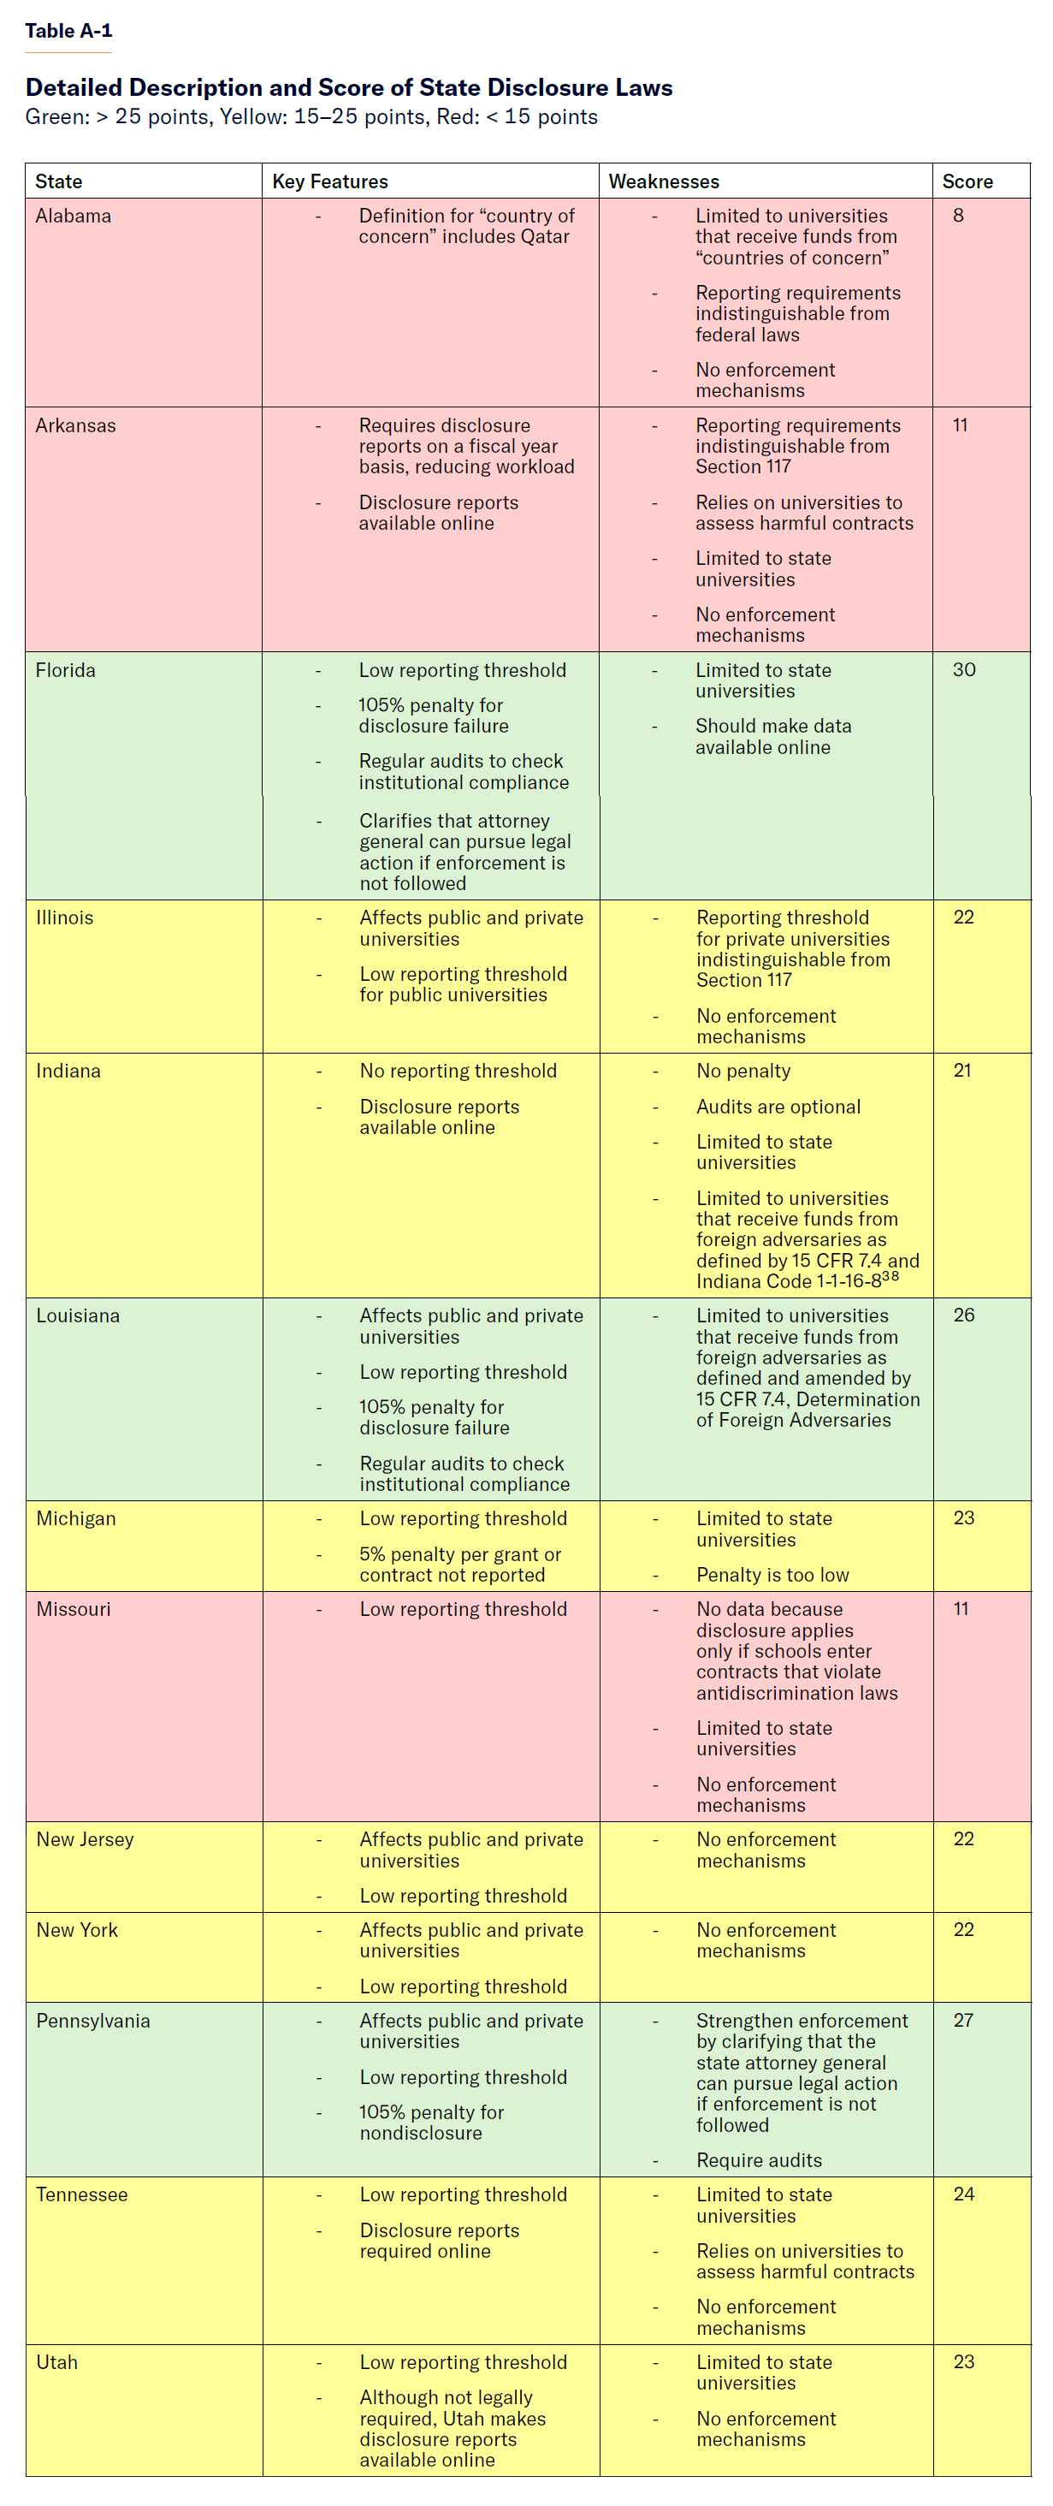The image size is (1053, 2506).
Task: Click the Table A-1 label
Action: (x=68, y=31)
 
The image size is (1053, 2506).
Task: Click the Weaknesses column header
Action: (x=663, y=182)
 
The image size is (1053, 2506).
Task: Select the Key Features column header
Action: (x=329, y=182)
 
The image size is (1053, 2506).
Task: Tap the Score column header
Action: (x=967, y=182)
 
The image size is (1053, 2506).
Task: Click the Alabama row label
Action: (x=73, y=216)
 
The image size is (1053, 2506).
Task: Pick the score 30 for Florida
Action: (x=963, y=670)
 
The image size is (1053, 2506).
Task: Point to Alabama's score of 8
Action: (x=958, y=216)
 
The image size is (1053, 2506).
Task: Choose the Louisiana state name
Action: (x=78, y=1316)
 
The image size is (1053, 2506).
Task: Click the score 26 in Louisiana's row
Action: (x=963, y=1315)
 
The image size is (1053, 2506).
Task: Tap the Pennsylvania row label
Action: (x=93, y=2021)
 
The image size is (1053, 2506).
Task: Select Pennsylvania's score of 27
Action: (x=962, y=2021)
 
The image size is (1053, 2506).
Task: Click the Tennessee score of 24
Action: (x=963, y=2194)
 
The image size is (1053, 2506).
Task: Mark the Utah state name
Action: (x=56, y=2362)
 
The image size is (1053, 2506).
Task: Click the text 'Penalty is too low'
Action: (x=772, y=1575)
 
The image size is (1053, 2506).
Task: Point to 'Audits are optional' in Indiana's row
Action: (x=778, y=1108)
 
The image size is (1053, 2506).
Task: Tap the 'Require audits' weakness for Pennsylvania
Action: (x=759, y=2160)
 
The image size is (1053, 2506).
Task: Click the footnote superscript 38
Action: (x=890, y=1276)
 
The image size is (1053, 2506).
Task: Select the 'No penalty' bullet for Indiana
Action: (x=742, y=1071)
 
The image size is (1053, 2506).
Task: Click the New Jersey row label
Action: (x=85, y=1839)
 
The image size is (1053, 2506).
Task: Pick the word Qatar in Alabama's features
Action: (x=545, y=237)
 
